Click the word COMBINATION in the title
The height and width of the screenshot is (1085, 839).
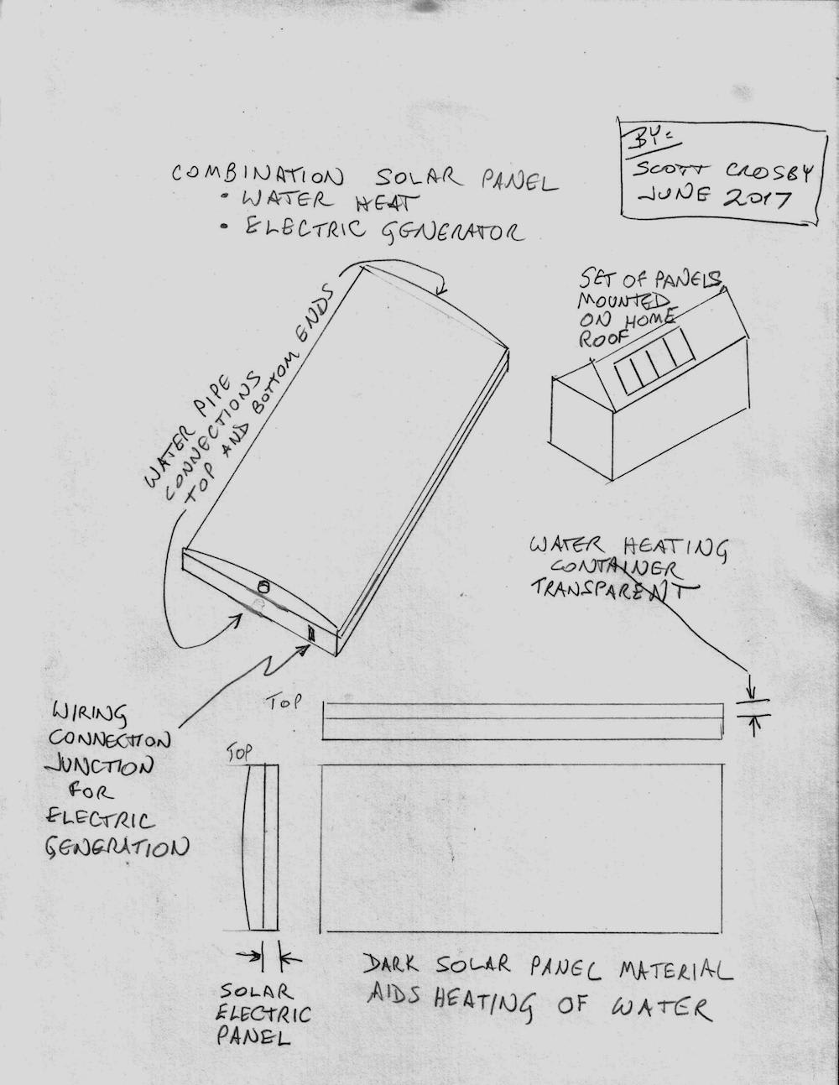[x=257, y=175]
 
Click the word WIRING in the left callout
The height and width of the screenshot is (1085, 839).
[x=89, y=714]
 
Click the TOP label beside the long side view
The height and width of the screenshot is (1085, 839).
[x=283, y=703]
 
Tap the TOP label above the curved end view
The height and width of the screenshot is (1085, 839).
[x=239, y=754]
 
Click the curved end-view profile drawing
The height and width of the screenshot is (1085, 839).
[x=258, y=848]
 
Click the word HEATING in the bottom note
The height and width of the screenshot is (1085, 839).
[x=483, y=1003]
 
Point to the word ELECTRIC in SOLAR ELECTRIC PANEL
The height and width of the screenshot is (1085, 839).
[x=265, y=1013]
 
